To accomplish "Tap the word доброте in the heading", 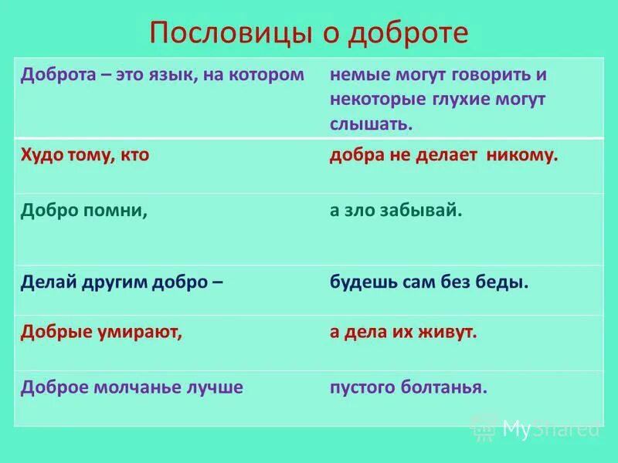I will pos(412,33).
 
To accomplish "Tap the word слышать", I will pos(371,123).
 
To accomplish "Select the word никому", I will pos(521,155).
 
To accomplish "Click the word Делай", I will pos(46,282).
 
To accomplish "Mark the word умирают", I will pos(136,332).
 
